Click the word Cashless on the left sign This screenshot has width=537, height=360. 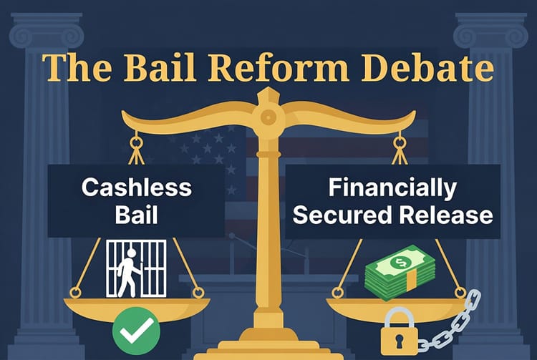pyautogui.click(x=136, y=188)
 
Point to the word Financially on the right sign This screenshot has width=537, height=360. pyautogui.click(x=392, y=188)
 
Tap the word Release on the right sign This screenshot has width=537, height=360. pyautogui.click(x=444, y=214)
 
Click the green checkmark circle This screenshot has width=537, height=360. pyautogui.click(x=136, y=329)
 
